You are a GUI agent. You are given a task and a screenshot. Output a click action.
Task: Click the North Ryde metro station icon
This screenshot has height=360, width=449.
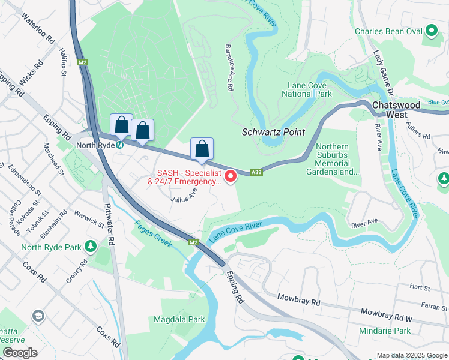tap(121, 145)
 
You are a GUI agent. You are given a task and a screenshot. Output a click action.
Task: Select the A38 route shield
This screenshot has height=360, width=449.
tap(256, 172)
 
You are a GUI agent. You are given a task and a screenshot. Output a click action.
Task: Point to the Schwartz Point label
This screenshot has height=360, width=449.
tap(273, 132)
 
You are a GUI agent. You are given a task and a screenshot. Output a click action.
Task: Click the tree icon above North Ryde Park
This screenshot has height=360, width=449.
tap(91, 246)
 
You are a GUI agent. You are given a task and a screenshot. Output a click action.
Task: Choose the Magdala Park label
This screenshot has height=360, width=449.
tap(179, 320)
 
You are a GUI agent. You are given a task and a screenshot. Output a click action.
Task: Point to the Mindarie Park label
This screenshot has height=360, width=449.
tap(385, 331)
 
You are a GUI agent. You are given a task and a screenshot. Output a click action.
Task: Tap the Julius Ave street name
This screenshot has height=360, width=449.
tap(184, 196)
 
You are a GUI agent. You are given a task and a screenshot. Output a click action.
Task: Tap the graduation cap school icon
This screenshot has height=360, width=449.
tap(38, 316)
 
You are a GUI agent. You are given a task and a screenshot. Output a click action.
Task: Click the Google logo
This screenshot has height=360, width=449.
tap(20, 353)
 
